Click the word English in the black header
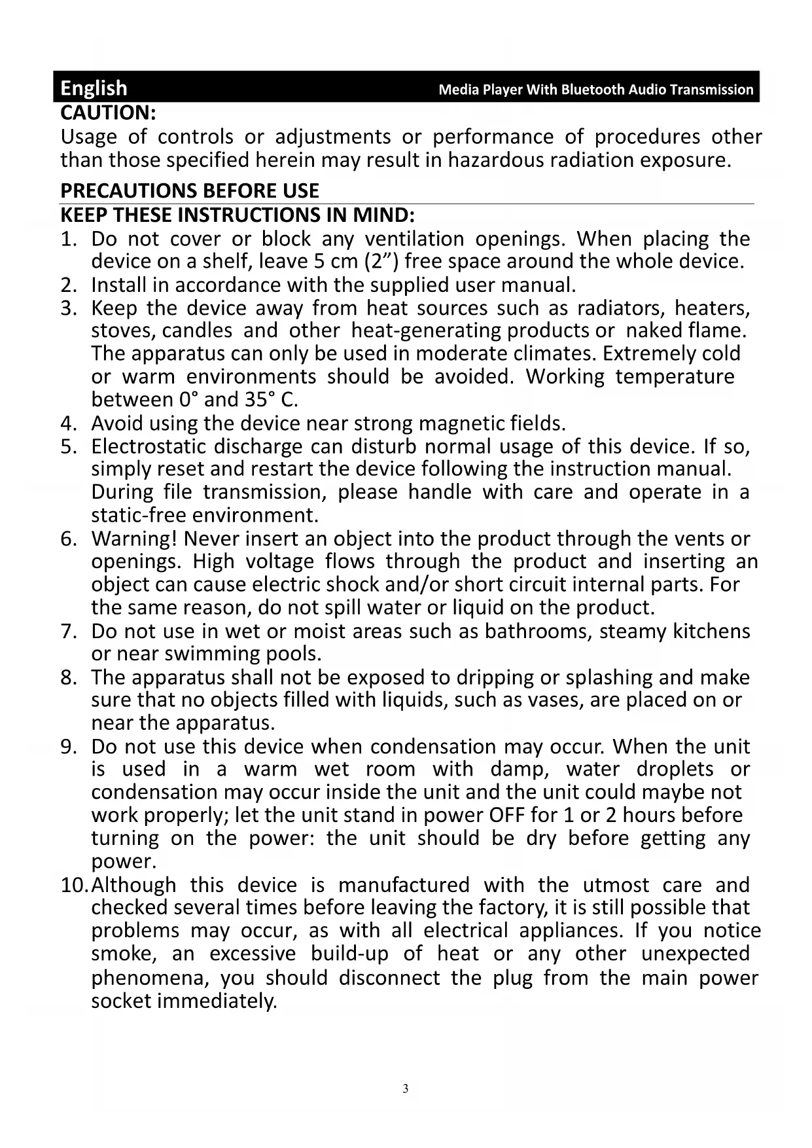click(x=94, y=88)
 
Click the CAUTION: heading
click(x=108, y=113)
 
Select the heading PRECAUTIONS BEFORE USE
click(x=190, y=190)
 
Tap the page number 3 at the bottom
click(x=406, y=1089)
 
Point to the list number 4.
click(x=68, y=423)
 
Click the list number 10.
click(x=74, y=886)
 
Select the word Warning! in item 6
click(x=134, y=539)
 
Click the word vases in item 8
click(x=559, y=700)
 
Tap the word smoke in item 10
click(x=122, y=954)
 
